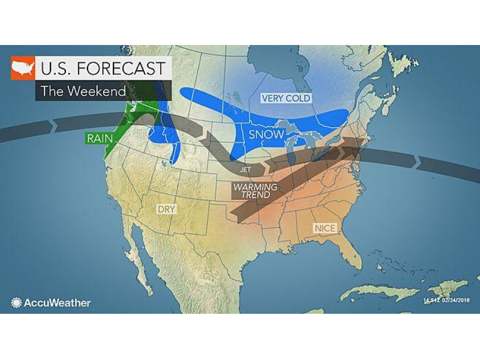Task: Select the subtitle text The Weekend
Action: [83, 91]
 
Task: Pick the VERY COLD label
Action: [286, 98]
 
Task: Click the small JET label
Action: [245, 170]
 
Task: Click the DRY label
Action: [165, 209]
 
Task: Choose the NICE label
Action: [325, 228]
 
